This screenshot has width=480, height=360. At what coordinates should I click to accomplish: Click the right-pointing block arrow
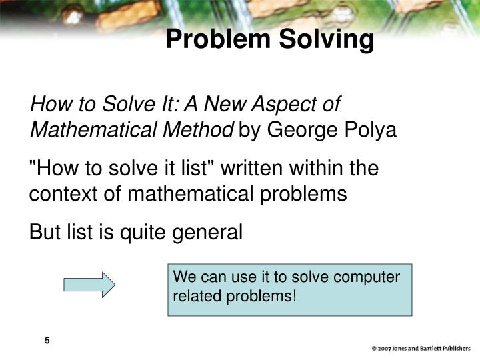click(x=89, y=285)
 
